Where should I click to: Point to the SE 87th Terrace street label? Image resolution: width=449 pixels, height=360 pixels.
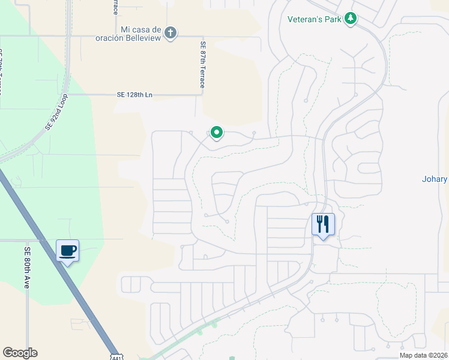pos(202,64)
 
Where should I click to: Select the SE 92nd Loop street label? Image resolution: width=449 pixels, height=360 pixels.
pos(57,112)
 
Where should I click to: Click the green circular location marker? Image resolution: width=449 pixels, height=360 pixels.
pos(216,132)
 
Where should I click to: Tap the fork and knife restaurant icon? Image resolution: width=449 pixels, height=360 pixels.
pos(323,224)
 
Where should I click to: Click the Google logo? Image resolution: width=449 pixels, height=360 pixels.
pos(20,353)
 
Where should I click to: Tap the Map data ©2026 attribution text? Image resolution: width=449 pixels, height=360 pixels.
pos(423,355)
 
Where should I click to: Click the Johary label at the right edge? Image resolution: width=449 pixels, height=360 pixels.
pos(435,179)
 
